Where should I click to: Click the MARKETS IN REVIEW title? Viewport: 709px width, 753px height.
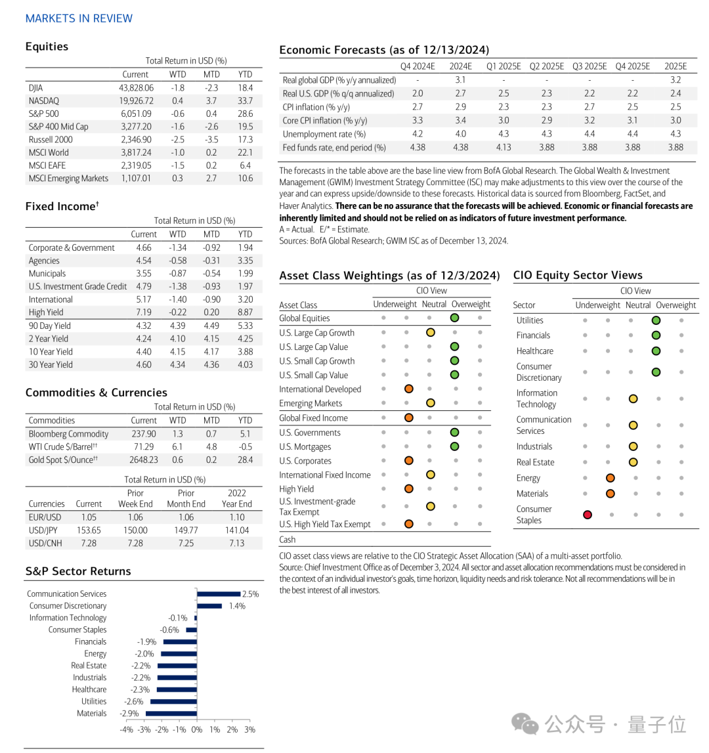[79, 18]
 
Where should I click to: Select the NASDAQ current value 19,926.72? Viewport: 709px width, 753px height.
[136, 100]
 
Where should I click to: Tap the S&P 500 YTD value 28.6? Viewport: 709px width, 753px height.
[245, 114]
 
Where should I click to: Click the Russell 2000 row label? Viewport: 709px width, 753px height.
[51, 139]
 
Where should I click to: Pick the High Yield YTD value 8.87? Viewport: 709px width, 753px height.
[245, 312]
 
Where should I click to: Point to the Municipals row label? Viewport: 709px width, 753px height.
[47, 273]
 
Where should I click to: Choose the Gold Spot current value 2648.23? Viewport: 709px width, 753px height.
[144, 460]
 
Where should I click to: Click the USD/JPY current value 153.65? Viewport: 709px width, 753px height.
[89, 530]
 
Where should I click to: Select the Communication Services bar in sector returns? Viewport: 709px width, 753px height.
[219, 593]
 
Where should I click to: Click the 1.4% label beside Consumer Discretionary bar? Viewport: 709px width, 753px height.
[237, 606]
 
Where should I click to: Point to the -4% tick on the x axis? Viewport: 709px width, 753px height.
[127, 729]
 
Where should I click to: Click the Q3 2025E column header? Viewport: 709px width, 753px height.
[590, 66]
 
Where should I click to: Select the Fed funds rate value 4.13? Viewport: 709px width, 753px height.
[503, 148]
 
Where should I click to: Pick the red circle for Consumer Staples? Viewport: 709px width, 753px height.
[588, 515]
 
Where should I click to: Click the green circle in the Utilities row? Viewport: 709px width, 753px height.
[656, 320]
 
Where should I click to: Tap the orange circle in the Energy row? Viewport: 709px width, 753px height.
[610, 478]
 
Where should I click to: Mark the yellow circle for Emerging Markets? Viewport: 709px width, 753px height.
[431, 403]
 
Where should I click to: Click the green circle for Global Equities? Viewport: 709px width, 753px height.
[454, 318]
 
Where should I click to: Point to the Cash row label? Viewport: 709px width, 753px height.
[288, 540]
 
